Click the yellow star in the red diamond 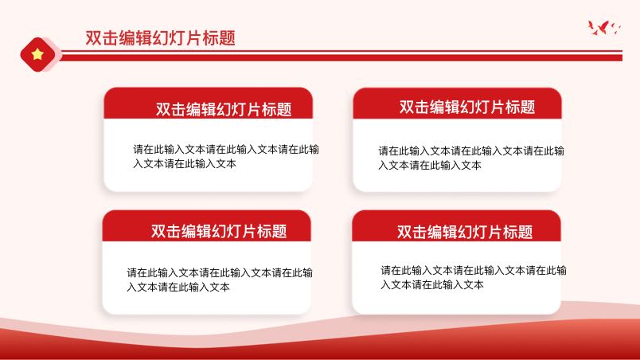click(x=37, y=54)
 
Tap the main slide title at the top click(x=161, y=37)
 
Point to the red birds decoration click(x=604, y=27)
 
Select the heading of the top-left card click(x=224, y=109)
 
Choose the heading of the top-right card click(x=467, y=107)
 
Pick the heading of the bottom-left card click(x=219, y=231)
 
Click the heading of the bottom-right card click(x=465, y=232)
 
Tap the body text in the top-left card click(x=226, y=156)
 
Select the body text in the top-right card click(x=471, y=158)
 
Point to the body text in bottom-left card click(x=220, y=280)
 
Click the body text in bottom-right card click(x=474, y=277)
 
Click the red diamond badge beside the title click(x=37, y=54)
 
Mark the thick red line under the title click(x=341, y=58)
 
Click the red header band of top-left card click(x=209, y=104)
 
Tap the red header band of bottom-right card click(x=456, y=225)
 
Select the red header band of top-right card click(x=457, y=104)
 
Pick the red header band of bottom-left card click(x=206, y=225)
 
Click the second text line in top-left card click(x=185, y=164)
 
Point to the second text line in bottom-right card click(x=431, y=284)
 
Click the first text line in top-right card click(x=471, y=151)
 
